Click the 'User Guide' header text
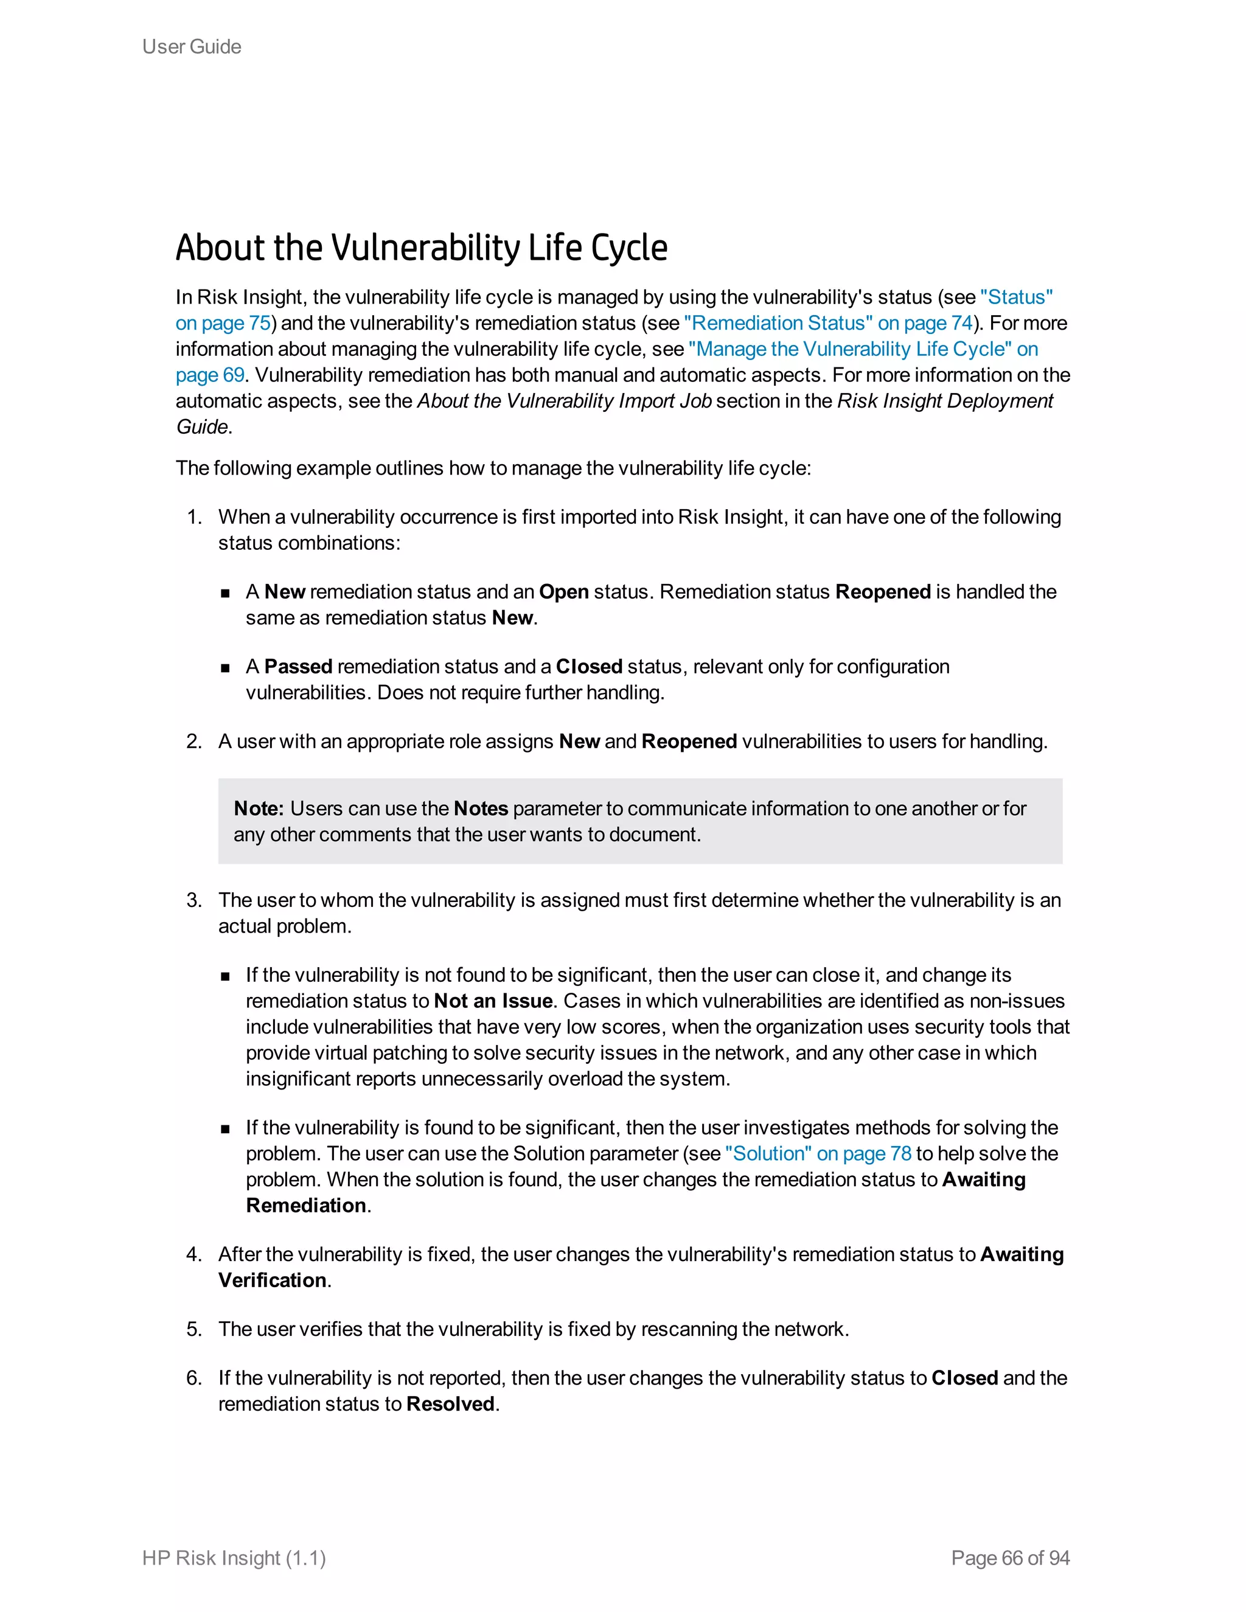pos(191,46)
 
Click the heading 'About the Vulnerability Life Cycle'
pos(422,248)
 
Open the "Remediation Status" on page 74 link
pos(828,323)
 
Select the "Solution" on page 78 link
pos(818,1153)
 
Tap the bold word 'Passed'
pos(298,667)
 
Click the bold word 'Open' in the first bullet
pos(564,592)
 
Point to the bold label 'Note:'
pos(259,808)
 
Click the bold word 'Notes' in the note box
pos(481,808)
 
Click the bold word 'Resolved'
pos(450,1404)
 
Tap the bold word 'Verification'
pos(273,1280)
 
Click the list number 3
pos(194,900)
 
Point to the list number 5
pos(194,1329)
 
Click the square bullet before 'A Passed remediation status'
pos(225,668)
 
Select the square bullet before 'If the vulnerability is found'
pos(225,1129)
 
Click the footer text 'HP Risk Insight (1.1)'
pos(234,1558)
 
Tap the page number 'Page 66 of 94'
pos(1010,1558)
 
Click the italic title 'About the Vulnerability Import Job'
pos(565,401)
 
